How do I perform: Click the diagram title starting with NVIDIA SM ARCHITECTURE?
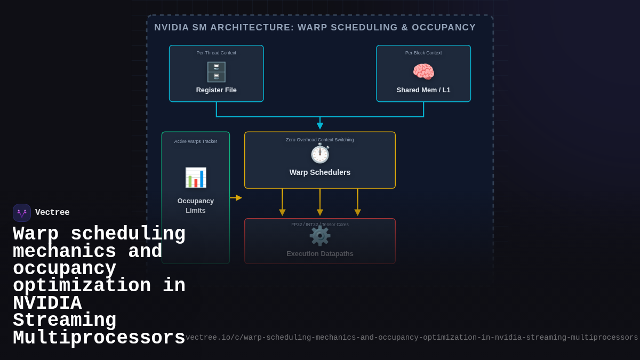(315, 28)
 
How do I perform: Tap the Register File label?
(216, 90)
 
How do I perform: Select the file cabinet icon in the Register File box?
(216, 71)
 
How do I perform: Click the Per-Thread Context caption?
(216, 53)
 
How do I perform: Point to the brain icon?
(423, 71)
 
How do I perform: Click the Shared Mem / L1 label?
(423, 90)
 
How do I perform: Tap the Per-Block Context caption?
(423, 53)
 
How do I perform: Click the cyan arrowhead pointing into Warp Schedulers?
(320, 126)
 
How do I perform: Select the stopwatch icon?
(320, 154)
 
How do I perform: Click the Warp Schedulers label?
(320, 172)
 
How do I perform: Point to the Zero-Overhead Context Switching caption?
(320, 140)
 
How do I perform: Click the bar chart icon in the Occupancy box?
(196, 178)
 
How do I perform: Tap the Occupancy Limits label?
(196, 205)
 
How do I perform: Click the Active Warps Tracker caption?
(196, 141)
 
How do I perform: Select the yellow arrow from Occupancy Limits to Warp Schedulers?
(236, 198)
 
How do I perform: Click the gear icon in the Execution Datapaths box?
(320, 236)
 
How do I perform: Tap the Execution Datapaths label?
(320, 254)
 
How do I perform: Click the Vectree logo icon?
(22, 213)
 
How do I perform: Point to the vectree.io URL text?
(412, 338)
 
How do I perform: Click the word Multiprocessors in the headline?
(99, 338)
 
